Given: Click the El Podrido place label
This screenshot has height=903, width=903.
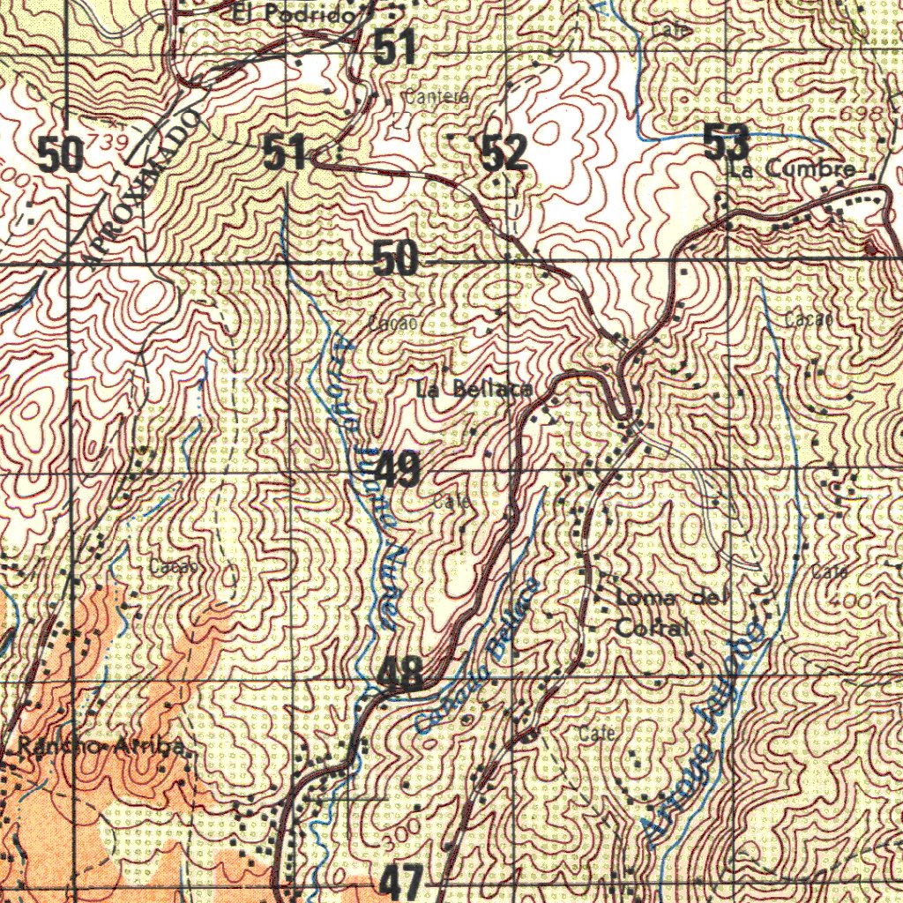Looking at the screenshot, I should coord(295,15).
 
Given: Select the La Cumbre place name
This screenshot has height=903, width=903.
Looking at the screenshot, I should coord(793,168).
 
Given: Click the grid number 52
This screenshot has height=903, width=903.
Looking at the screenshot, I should coord(504,153).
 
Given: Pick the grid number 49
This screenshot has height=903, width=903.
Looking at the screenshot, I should coord(398,469).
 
